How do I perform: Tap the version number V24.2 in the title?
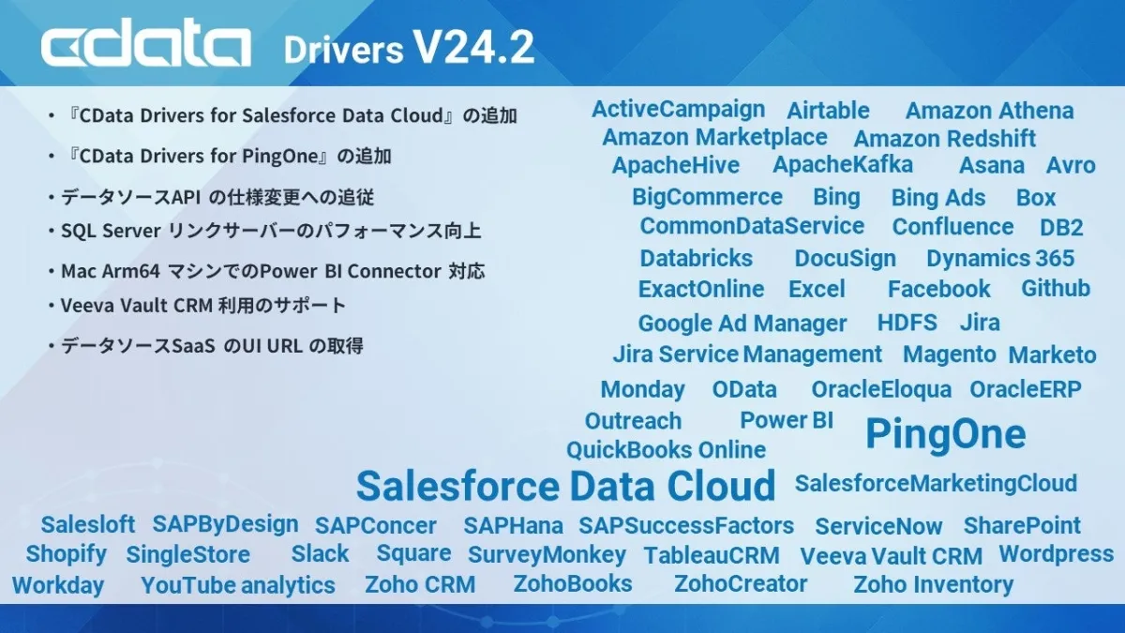[x=473, y=47]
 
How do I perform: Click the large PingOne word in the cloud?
[x=946, y=433]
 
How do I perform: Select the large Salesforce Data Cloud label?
[x=566, y=486]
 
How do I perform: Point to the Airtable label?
[x=828, y=111]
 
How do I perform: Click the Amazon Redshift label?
[x=945, y=139]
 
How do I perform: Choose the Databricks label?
[x=696, y=258]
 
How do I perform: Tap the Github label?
[x=1056, y=289]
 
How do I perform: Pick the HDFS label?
[x=907, y=323]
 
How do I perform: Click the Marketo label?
[x=1052, y=355]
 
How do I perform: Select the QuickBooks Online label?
[x=666, y=450]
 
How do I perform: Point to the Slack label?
[x=320, y=553]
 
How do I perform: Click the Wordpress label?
[x=1057, y=554]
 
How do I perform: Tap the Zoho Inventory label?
[x=933, y=585]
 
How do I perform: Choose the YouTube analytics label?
[x=238, y=585]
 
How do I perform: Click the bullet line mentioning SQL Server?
[x=265, y=231]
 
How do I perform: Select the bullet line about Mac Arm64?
[x=266, y=271]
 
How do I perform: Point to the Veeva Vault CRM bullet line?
[x=198, y=305]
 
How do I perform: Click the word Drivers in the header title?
[x=343, y=50]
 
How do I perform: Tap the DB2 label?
[x=1061, y=228]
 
